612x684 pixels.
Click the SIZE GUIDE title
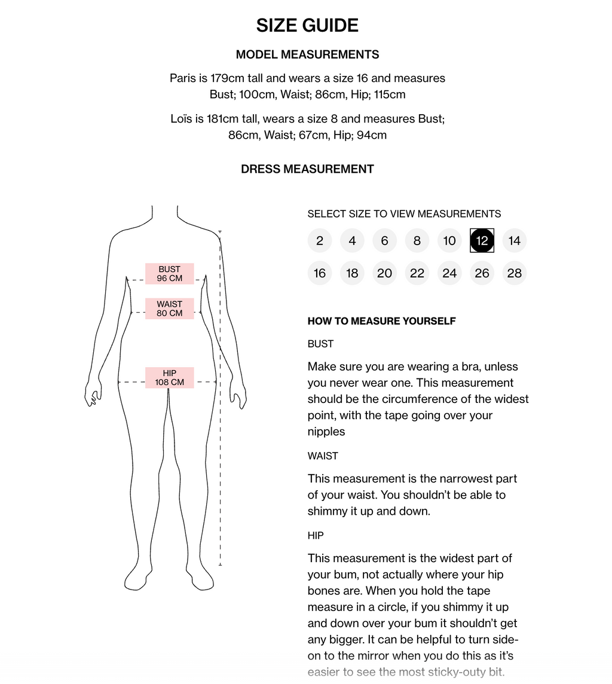307,26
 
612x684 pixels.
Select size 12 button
482,241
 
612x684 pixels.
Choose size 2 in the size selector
320,241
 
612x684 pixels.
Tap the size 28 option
514,273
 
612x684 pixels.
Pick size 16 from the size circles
320,273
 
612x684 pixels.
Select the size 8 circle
417,241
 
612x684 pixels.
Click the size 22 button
417,273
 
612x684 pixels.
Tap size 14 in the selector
514,241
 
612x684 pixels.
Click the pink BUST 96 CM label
170,274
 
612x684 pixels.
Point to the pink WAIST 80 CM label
170,309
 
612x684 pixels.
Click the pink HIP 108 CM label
170,378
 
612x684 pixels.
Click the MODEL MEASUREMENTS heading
307,55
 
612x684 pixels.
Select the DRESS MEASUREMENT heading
307,169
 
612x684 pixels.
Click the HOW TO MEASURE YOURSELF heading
381,321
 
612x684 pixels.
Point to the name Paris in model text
183,78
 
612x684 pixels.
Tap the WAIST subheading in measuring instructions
323,456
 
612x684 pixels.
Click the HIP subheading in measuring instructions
316,536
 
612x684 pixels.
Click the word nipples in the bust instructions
326,432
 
